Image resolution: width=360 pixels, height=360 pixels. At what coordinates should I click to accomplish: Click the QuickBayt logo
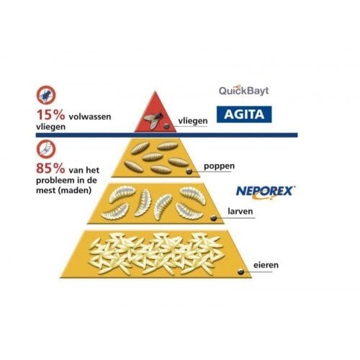point(243,90)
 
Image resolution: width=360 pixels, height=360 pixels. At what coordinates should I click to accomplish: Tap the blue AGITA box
point(244,114)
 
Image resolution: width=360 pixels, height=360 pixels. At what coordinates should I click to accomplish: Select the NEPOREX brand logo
point(265,192)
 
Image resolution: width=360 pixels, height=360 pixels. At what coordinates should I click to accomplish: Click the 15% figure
point(50,114)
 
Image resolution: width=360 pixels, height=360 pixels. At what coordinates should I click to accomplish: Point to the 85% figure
point(50,168)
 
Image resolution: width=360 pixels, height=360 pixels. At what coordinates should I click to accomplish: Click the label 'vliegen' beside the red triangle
point(193,121)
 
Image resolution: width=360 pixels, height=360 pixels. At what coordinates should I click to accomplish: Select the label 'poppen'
point(219,166)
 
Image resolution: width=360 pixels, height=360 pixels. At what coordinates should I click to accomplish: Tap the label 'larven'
point(240,212)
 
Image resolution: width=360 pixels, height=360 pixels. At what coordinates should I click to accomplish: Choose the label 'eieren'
point(266,265)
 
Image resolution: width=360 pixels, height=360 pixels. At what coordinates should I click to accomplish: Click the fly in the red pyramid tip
point(153,119)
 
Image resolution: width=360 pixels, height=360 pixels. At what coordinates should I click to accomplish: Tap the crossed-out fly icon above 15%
point(46,95)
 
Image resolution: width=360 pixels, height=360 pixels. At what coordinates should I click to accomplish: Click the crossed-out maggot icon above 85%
point(46,149)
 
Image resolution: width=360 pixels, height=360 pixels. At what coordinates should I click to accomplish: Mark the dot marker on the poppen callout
point(189,171)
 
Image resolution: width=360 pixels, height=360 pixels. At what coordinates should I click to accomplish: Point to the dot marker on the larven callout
point(213,218)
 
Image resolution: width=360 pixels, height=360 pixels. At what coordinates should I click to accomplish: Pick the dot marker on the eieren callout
point(240,271)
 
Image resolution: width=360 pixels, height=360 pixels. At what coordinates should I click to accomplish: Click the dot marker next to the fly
point(166,127)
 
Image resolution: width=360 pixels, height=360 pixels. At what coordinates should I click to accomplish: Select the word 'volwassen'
point(90,117)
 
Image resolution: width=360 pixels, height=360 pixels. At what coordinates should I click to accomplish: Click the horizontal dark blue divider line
point(167,135)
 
